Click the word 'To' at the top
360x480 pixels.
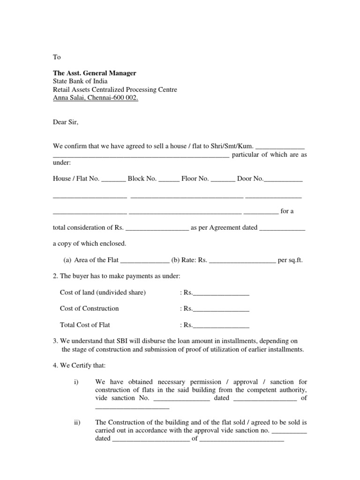tap(57, 57)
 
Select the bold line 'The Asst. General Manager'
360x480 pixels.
tap(94, 73)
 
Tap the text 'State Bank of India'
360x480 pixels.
tap(80, 81)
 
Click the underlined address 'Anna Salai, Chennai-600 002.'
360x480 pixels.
tap(96, 98)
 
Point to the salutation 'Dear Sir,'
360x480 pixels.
tap(66, 122)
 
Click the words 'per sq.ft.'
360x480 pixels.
tap(291, 260)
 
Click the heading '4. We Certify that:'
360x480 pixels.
tap(79, 366)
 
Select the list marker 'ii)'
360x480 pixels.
tap(78, 422)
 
